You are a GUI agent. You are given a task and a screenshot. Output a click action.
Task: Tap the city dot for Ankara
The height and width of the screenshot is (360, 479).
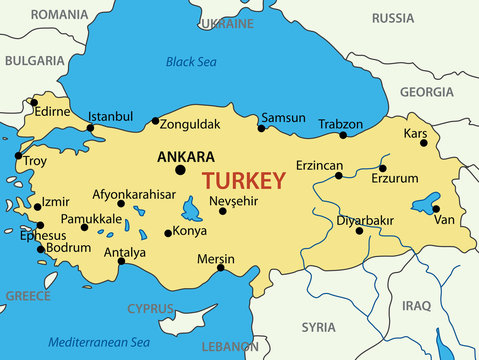tap(180, 170)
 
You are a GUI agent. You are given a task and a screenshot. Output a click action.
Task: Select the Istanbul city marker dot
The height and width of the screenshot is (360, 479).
tap(89, 128)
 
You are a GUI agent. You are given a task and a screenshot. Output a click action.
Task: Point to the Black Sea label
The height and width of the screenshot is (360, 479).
tap(190, 62)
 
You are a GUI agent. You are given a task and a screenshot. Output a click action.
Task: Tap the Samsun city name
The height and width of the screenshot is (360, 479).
tap(283, 117)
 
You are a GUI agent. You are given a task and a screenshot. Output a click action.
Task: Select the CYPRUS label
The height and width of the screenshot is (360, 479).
tap(148, 308)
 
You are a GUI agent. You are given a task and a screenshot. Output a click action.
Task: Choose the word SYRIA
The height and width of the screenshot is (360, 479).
tap(318, 327)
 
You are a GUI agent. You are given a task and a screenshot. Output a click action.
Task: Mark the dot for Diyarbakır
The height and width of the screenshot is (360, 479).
tap(359, 231)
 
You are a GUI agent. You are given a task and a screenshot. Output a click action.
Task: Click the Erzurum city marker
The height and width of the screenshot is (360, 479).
tap(382, 168)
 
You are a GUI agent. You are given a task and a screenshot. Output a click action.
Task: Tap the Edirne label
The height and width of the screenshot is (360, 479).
tap(52, 112)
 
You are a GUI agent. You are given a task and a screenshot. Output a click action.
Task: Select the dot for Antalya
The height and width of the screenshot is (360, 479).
tap(122, 262)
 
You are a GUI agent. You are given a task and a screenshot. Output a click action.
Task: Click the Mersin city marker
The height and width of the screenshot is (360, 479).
tap(220, 267)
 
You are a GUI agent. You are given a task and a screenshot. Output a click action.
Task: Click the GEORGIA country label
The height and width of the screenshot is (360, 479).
tap(426, 91)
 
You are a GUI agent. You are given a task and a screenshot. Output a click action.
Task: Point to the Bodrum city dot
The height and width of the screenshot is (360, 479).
tap(41, 249)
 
